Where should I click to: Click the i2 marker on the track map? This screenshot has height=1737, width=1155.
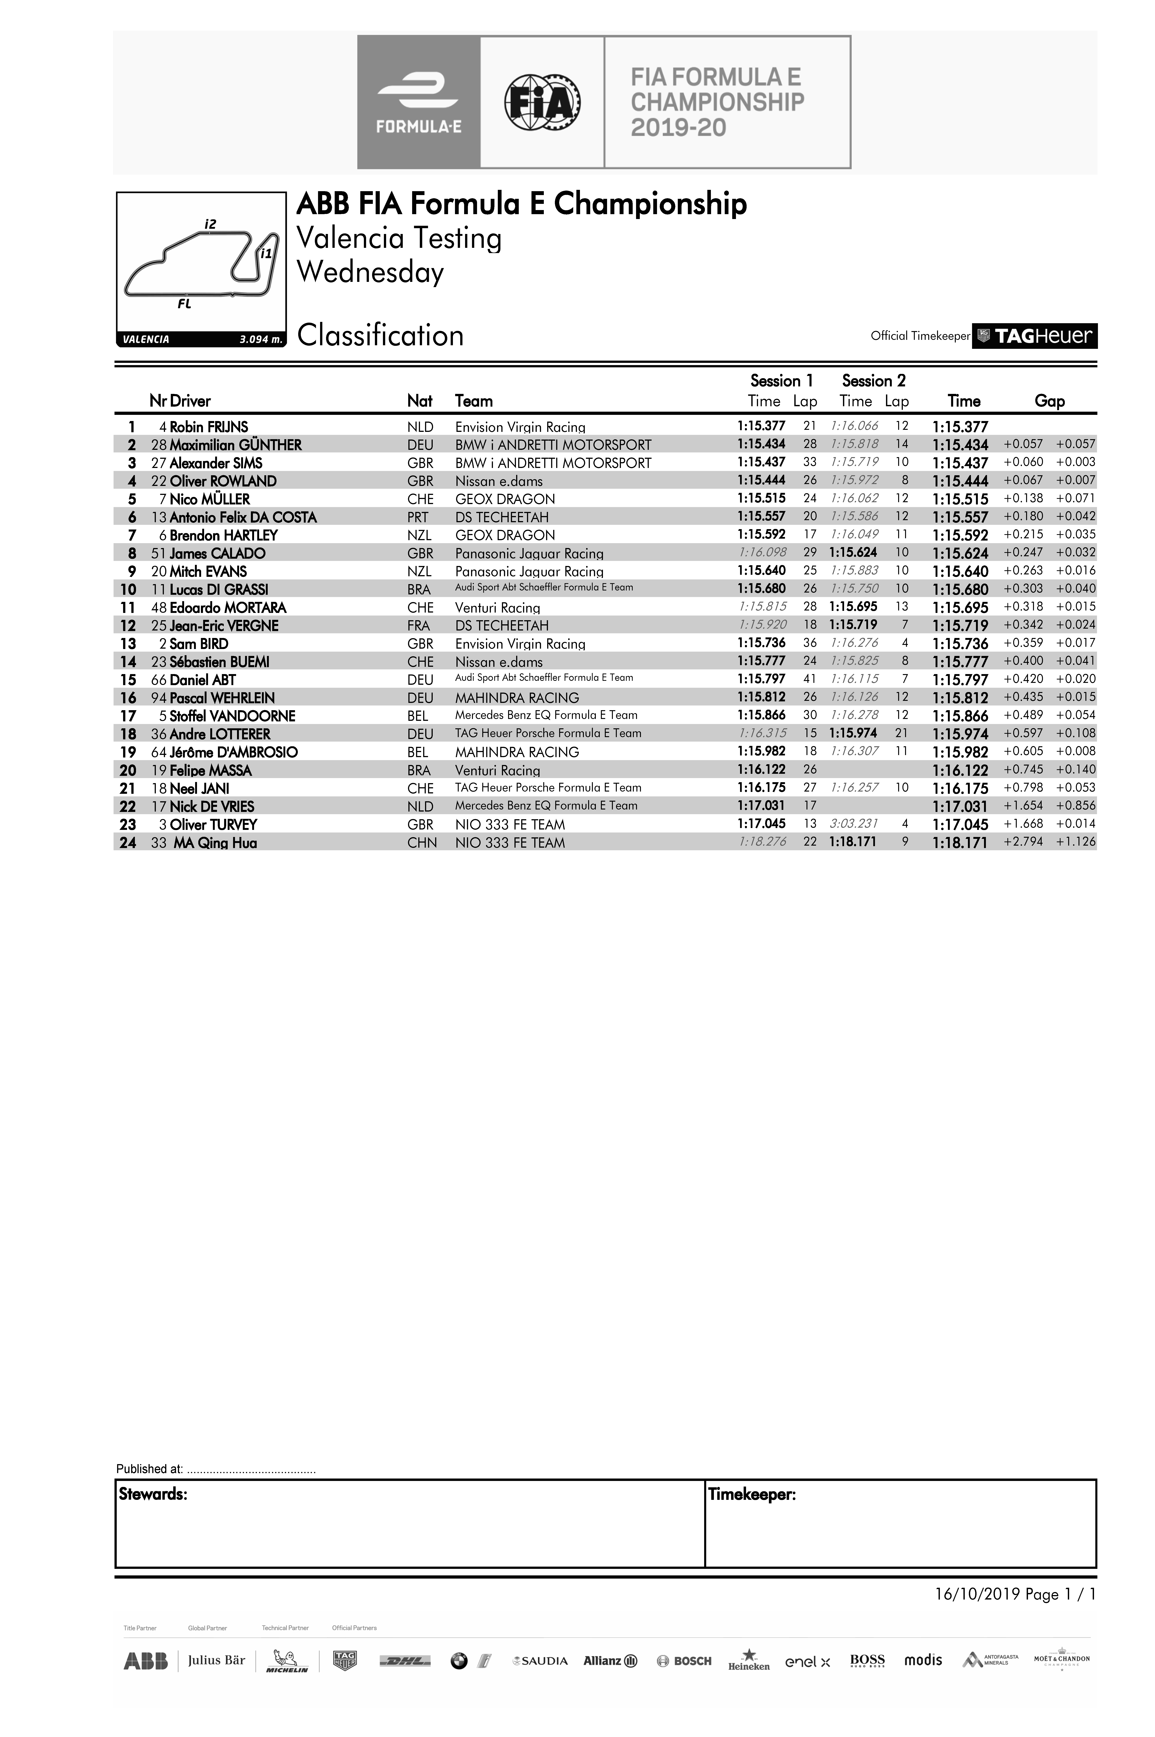tap(211, 224)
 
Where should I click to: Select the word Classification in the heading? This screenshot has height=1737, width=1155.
tap(380, 336)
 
